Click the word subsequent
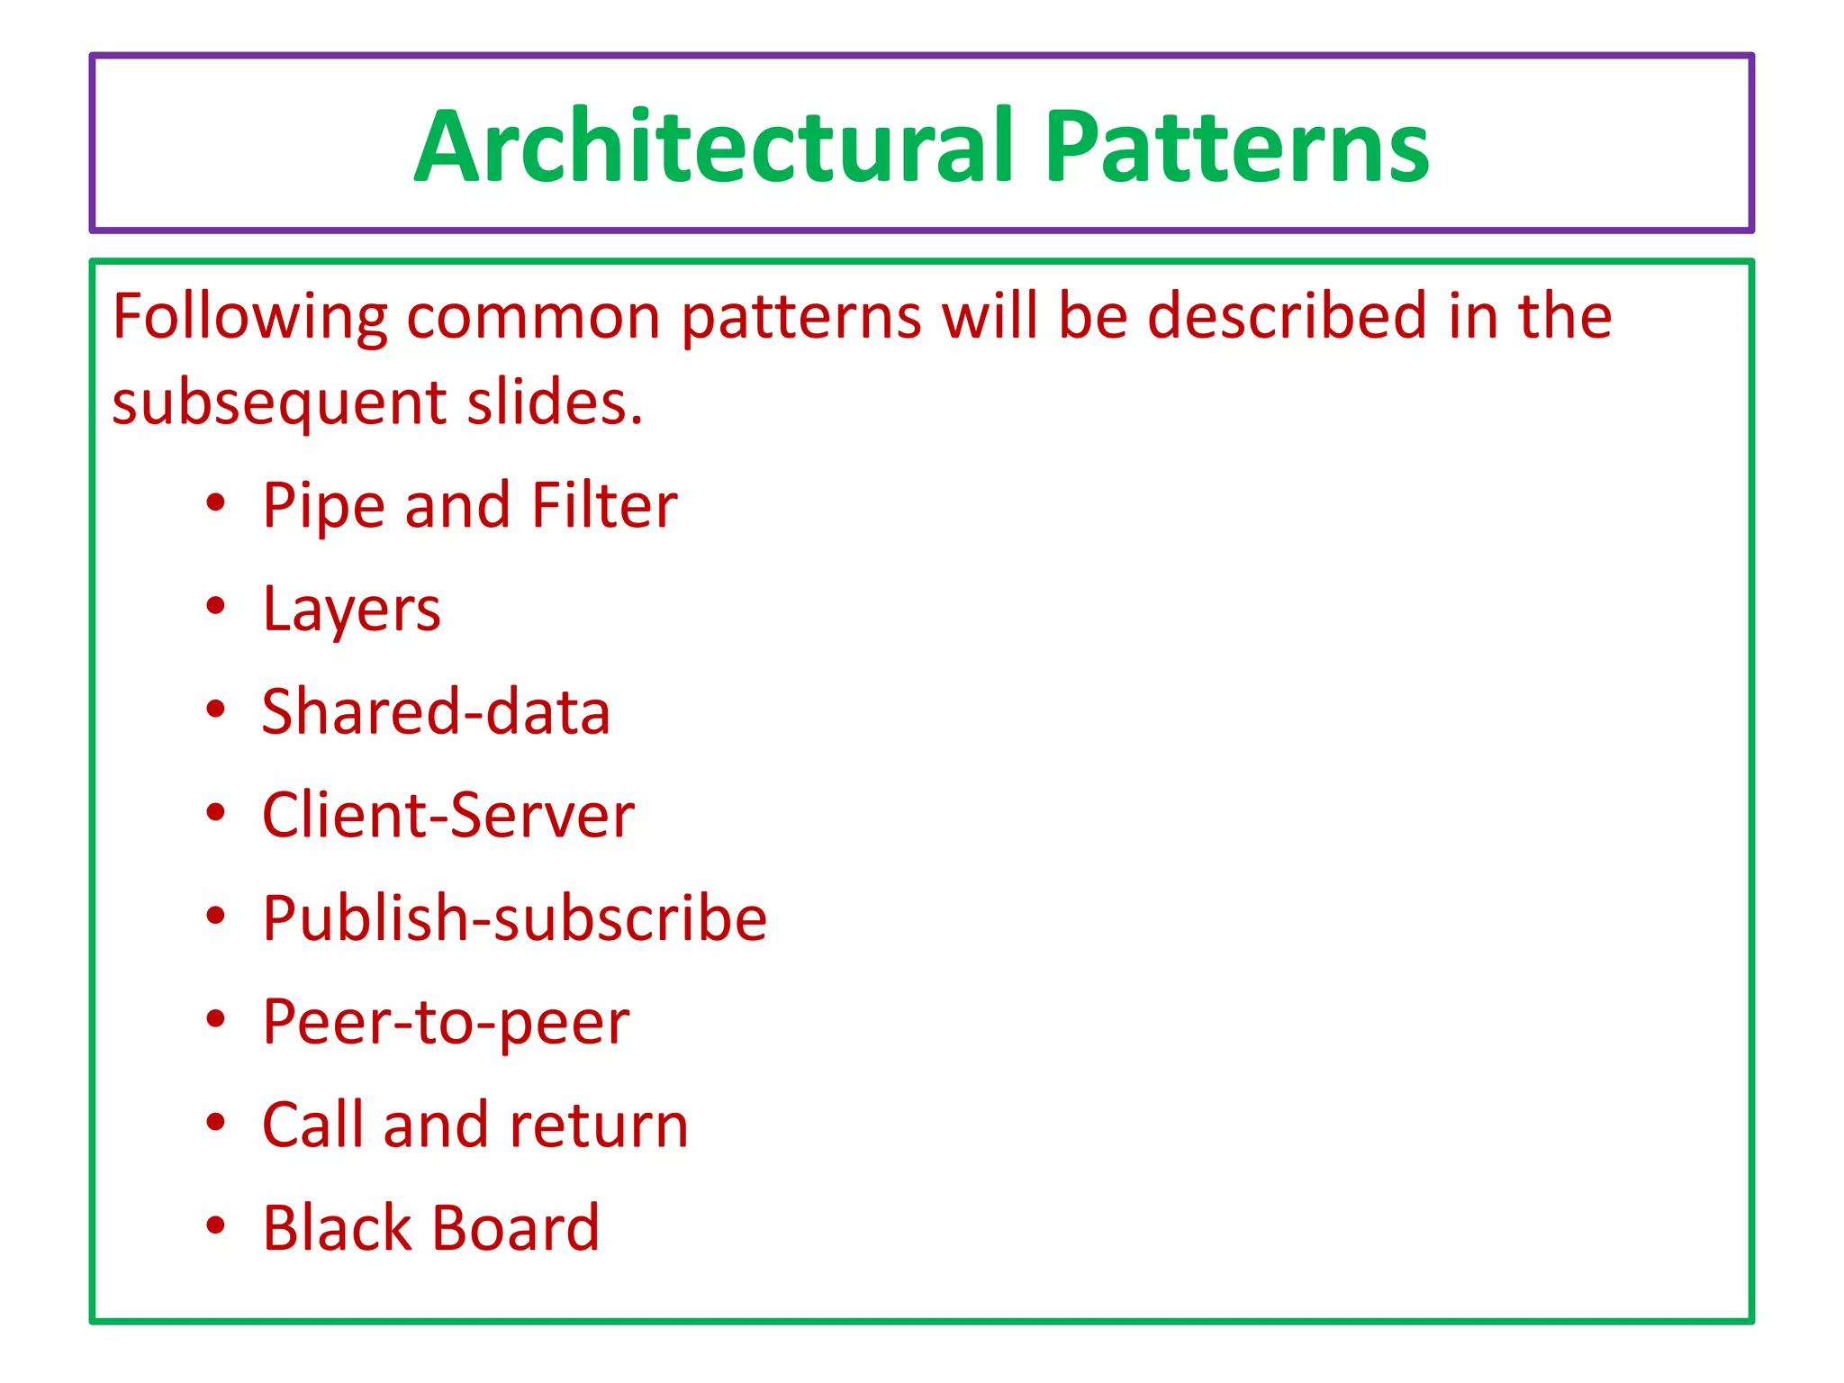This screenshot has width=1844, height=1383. click(x=279, y=402)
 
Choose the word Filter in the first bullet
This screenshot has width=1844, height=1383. click(x=603, y=505)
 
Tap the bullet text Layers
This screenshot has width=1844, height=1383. click(x=351, y=610)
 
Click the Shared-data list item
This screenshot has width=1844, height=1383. click(x=436, y=711)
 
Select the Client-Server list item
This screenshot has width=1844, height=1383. click(x=447, y=815)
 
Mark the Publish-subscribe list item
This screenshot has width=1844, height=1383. click(x=514, y=918)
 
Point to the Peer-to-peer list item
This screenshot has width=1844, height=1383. click(x=446, y=1023)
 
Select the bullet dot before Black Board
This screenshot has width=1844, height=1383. click(x=215, y=1225)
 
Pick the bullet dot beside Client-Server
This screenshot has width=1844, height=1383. click(x=215, y=813)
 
